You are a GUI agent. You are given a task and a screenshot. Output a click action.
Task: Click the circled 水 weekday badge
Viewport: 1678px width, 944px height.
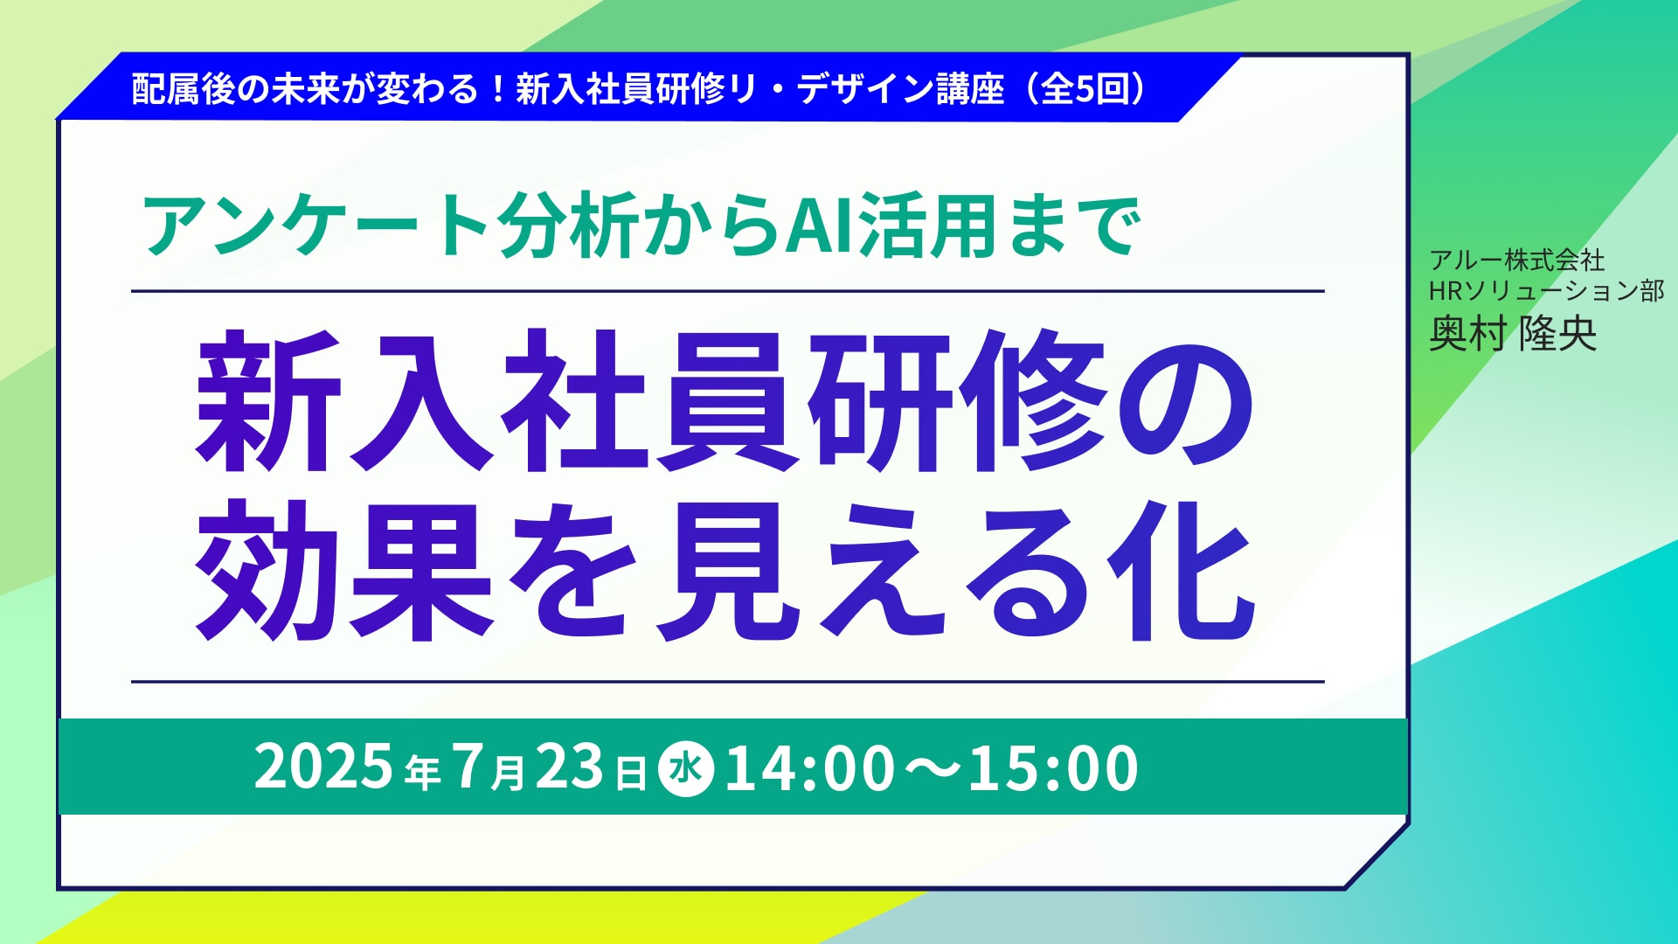(686, 769)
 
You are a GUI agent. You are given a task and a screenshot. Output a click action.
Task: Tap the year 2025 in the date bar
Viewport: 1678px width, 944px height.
(323, 767)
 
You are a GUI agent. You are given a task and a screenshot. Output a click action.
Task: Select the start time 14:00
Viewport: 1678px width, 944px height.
(810, 769)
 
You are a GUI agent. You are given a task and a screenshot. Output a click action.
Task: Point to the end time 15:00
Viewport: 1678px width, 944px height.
(1053, 769)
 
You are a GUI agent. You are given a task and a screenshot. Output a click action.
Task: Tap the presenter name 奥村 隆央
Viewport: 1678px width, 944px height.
(1513, 333)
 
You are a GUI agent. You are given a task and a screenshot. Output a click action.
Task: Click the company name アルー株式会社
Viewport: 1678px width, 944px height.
(1517, 260)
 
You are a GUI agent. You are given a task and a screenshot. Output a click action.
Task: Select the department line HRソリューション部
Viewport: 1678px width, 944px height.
(1547, 290)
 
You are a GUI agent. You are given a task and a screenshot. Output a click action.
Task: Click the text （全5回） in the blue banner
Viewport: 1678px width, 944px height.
(1084, 89)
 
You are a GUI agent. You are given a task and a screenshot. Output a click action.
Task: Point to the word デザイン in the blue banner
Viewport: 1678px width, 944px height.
(864, 89)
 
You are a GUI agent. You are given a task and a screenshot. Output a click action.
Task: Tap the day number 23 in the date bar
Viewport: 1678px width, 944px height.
(570, 767)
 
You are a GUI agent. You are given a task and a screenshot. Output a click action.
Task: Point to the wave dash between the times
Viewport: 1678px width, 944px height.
(932, 769)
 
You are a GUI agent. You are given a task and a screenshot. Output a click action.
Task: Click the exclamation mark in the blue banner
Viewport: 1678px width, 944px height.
(498, 89)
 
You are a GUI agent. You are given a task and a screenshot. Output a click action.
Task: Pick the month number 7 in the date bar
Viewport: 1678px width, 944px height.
(468, 767)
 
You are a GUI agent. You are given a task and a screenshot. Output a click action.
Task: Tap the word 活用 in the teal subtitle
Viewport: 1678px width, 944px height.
(927, 227)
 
